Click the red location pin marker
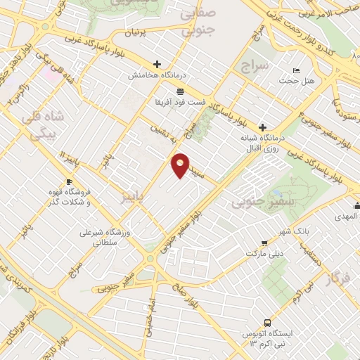181,165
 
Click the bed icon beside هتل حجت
296,70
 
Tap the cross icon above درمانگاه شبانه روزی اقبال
262,127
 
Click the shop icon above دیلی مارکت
264,242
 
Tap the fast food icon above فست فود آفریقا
180,91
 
